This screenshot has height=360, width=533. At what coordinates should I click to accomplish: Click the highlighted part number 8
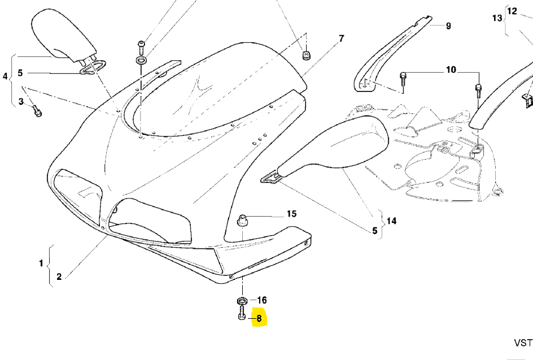(259, 318)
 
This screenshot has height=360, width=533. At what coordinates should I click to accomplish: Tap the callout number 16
(262, 300)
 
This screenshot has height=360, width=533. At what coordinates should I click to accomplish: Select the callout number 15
(291, 214)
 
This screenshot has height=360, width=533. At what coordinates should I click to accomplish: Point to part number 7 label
(341, 39)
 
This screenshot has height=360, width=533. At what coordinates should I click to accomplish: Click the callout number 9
(448, 26)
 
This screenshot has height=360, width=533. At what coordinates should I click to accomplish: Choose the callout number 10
(451, 70)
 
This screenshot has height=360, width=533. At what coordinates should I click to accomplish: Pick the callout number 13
(497, 18)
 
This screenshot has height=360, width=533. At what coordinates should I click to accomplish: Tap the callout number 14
(391, 221)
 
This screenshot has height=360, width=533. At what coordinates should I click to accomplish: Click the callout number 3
(21, 102)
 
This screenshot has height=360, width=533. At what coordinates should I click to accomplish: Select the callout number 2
(59, 276)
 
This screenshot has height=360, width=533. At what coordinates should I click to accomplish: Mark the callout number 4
(6, 76)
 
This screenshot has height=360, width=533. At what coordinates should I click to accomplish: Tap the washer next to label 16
(242, 300)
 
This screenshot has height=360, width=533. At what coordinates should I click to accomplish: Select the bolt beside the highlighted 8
(242, 314)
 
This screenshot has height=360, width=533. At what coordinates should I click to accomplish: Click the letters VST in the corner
(523, 343)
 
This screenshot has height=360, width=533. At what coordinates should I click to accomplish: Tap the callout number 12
(512, 11)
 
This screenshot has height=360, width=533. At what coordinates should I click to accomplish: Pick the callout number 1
(41, 264)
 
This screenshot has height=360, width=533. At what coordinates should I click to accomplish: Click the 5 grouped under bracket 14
(374, 230)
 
